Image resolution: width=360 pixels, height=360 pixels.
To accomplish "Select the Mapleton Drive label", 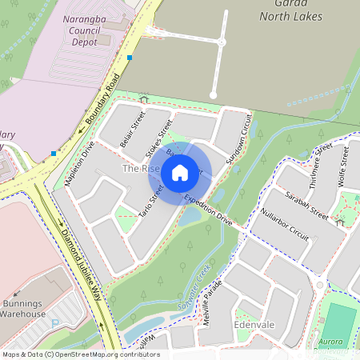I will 80,164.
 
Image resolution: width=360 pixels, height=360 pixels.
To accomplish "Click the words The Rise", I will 134,169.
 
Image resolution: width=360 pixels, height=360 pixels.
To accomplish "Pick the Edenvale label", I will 254,326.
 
